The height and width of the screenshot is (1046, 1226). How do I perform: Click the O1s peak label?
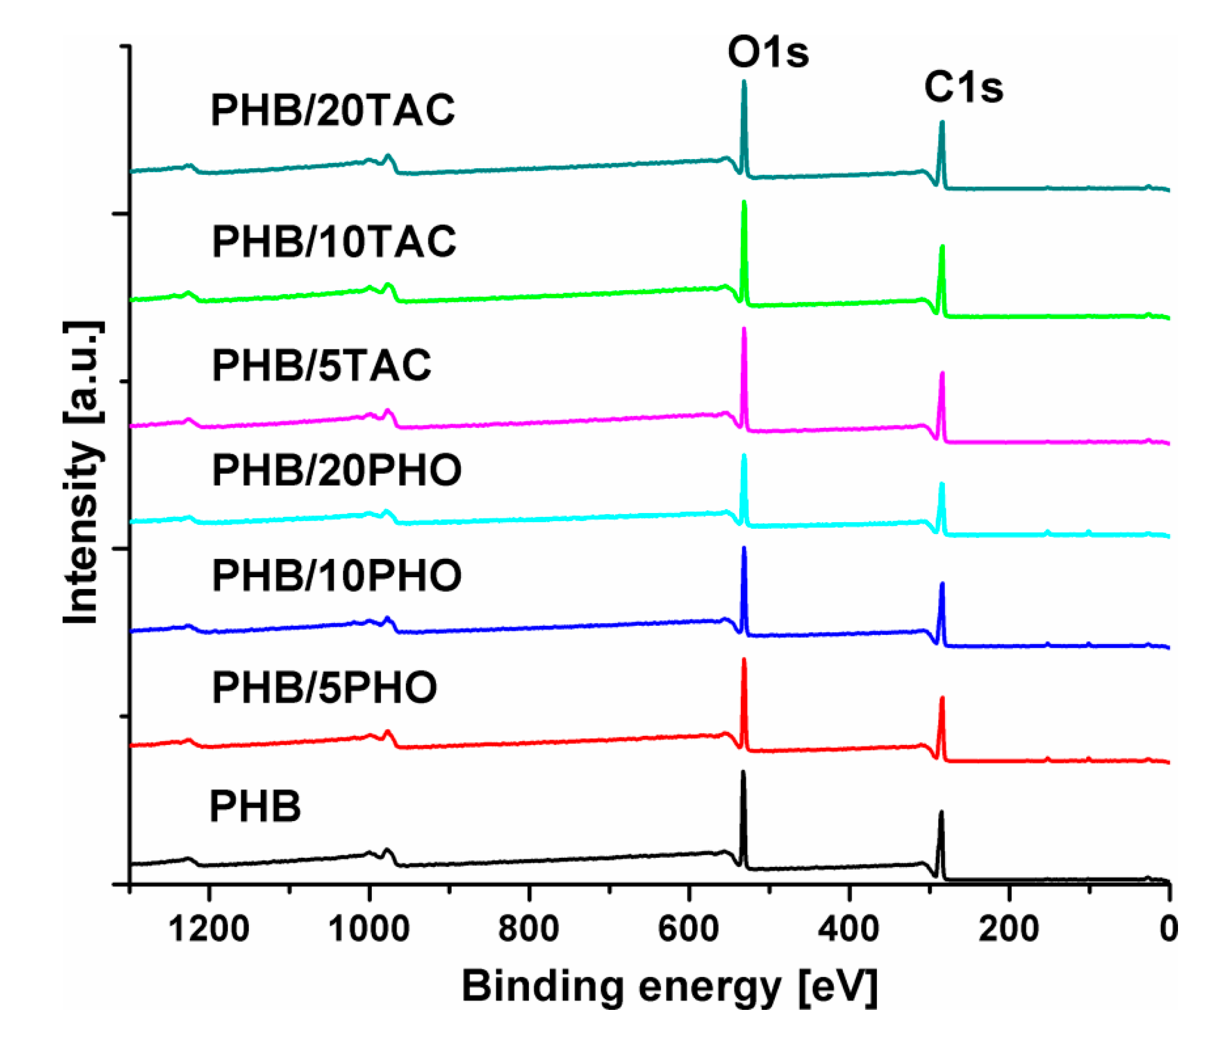pyautogui.click(x=767, y=53)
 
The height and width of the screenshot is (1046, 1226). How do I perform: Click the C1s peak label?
pyautogui.click(x=963, y=88)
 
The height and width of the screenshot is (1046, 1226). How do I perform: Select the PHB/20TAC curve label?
pyautogui.click(x=332, y=111)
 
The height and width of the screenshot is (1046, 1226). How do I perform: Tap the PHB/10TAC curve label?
pyautogui.click(x=333, y=242)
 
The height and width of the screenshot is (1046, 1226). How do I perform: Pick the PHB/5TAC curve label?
pyautogui.click(x=321, y=365)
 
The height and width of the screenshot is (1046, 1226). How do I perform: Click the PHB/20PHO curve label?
pyautogui.click(x=336, y=471)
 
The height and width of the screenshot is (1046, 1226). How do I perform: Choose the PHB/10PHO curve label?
pyautogui.click(x=336, y=576)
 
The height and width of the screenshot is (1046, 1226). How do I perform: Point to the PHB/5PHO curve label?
pyautogui.click(x=324, y=687)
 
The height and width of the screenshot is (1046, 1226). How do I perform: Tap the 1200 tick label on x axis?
pyautogui.click(x=208, y=929)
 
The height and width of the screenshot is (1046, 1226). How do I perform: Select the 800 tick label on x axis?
pyautogui.click(x=528, y=929)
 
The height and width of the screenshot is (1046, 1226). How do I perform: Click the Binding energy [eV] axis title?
pyautogui.click(x=669, y=987)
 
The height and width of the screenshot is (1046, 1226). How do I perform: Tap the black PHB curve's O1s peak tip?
pyautogui.click(x=743, y=771)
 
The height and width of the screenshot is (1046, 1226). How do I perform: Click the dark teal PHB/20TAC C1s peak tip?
pyautogui.click(x=942, y=122)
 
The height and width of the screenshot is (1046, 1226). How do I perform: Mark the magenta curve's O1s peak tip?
pyautogui.click(x=744, y=329)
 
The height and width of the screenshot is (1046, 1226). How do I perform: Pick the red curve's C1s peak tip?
pyautogui.click(x=942, y=698)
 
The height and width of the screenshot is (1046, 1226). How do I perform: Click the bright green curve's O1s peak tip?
pyautogui.click(x=744, y=202)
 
